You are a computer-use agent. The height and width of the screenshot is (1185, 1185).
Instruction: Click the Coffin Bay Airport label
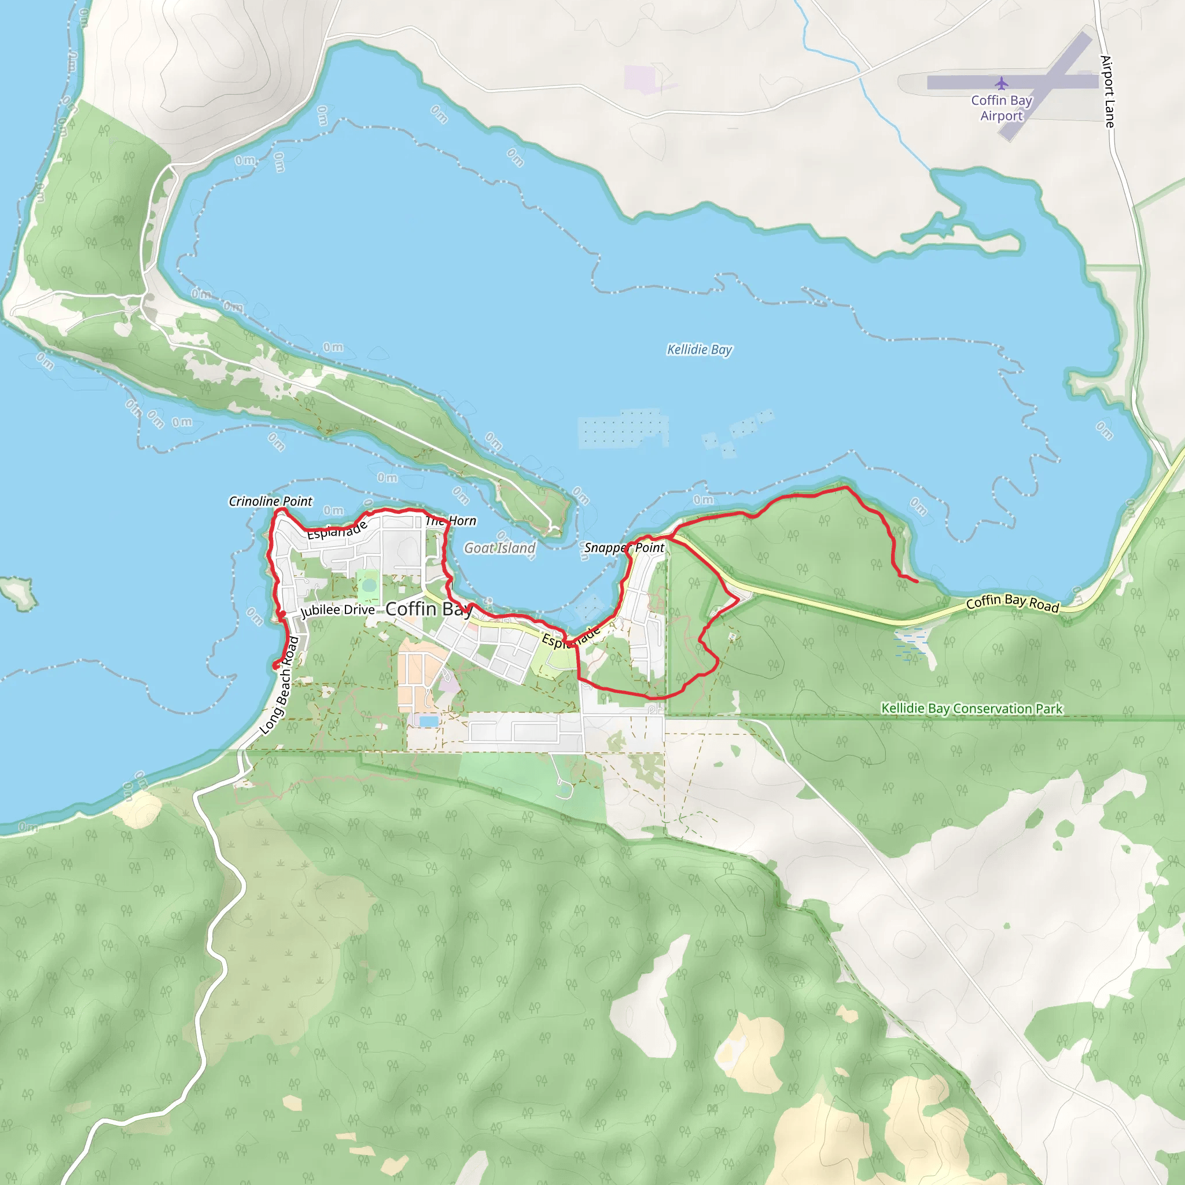point(1001,108)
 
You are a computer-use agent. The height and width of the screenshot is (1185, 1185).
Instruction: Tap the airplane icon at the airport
point(1001,83)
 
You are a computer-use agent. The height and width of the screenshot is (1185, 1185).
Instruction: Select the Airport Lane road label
point(1107,92)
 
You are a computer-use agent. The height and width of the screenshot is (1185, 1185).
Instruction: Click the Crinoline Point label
point(270,501)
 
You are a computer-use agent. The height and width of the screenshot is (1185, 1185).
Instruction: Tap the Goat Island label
point(499,548)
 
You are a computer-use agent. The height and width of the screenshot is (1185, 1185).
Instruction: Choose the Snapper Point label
point(624,547)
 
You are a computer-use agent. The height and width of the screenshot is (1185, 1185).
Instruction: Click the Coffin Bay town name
point(429,609)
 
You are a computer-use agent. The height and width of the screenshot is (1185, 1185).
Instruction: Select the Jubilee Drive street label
point(337,610)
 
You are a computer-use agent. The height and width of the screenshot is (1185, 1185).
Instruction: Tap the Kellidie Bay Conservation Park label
point(971,708)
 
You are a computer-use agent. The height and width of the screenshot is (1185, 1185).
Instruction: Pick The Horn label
point(451,521)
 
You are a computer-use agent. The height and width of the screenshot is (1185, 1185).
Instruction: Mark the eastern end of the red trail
point(917,581)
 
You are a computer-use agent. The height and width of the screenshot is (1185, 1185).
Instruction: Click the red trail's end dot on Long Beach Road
point(276,665)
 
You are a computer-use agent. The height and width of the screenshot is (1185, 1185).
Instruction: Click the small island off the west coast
point(19,592)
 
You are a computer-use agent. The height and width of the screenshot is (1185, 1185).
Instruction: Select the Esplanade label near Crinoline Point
point(337,529)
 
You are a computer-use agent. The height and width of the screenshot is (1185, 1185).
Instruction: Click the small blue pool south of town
point(428,721)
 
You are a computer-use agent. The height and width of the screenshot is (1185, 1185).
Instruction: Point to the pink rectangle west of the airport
point(639,79)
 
